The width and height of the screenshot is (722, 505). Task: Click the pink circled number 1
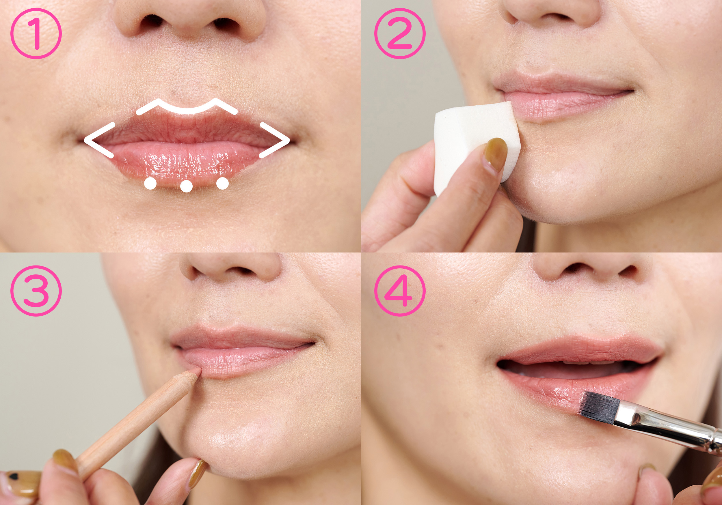click(x=36, y=34)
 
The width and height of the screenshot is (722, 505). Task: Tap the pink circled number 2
click(x=400, y=34)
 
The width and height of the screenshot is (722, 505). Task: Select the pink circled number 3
click(x=36, y=291)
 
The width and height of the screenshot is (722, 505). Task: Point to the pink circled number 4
click(x=400, y=291)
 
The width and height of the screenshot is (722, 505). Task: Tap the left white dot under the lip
click(x=150, y=184)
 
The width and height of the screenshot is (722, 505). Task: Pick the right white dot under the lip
click(x=223, y=184)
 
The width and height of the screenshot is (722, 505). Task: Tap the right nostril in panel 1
click(x=224, y=23)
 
